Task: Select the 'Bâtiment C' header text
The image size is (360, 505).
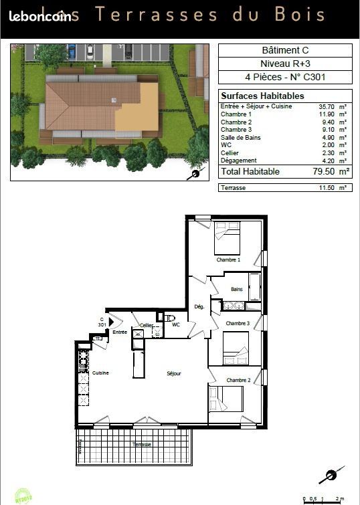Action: [x=285, y=50]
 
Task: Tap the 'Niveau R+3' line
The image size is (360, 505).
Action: [x=285, y=64]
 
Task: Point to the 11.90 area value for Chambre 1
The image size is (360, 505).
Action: [x=327, y=114]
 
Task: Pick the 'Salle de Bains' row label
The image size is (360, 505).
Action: [x=242, y=138]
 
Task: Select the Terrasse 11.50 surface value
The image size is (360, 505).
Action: [x=327, y=188]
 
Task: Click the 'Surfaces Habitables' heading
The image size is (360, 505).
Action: [x=253, y=96]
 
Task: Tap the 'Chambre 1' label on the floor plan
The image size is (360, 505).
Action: [x=228, y=260]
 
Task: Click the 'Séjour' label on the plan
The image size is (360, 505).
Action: [x=174, y=373]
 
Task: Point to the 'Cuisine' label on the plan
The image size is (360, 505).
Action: [x=100, y=373]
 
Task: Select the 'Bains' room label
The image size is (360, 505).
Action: [x=237, y=290]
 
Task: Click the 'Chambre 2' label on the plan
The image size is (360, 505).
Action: [x=238, y=380]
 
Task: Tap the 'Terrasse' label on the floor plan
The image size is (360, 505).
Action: [x=141, y=445]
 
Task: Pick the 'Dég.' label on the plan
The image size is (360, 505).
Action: [x=199, y=307]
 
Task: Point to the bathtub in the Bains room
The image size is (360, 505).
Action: [x=255, y=286]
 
